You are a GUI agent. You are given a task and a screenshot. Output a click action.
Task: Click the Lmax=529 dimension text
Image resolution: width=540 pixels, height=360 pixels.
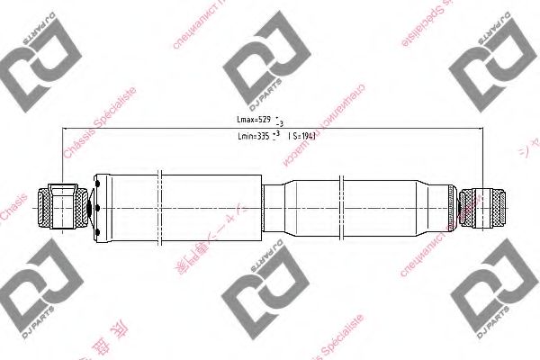coord(252,119)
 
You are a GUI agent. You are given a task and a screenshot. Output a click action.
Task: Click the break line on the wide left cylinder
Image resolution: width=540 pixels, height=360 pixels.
coord(158,207)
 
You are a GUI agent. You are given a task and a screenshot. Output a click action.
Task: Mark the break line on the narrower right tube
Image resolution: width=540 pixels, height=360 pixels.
coord(343,207)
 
